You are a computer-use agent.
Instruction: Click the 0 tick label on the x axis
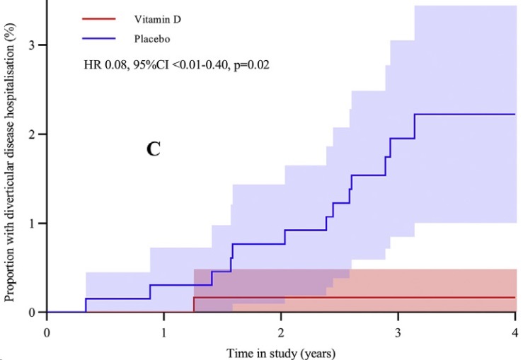click(47, 330)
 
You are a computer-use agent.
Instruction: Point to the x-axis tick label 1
click(164, 330)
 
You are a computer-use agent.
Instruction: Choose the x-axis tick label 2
click(281, 330)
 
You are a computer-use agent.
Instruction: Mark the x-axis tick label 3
click(398, 330)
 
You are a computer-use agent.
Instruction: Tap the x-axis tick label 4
click(515, 330)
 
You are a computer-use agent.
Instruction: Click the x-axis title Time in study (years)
click(282, 352)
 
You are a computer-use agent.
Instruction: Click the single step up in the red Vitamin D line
click(194, 304)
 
